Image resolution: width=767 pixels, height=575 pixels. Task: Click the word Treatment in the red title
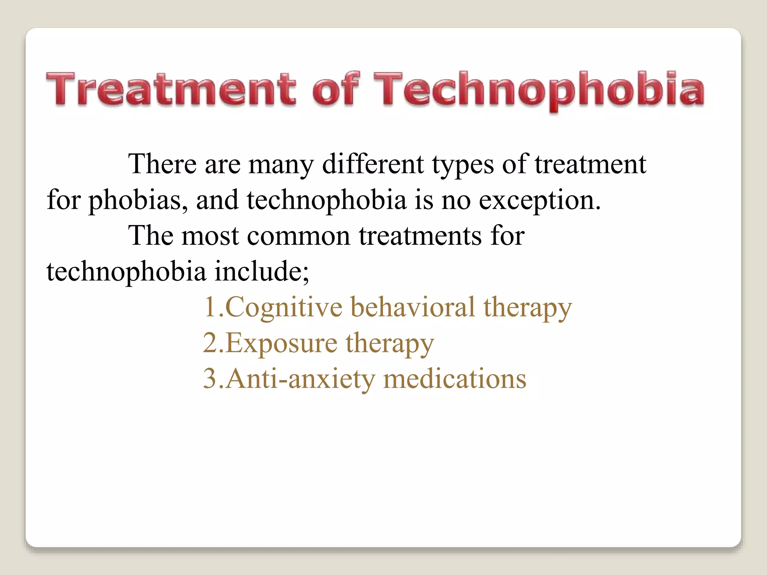[x=171, y=89]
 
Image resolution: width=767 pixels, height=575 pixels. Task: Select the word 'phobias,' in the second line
[x=138, y=200]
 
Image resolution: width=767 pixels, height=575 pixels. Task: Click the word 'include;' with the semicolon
[x=262, y=271]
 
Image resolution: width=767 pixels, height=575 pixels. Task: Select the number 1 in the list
[x=210, y=307]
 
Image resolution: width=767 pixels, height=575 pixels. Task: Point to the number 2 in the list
[x=210, y=343]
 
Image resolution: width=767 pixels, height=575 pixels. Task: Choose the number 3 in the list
[x=210, y=378]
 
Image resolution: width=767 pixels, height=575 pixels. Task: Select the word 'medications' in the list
[x=455, y=378]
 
